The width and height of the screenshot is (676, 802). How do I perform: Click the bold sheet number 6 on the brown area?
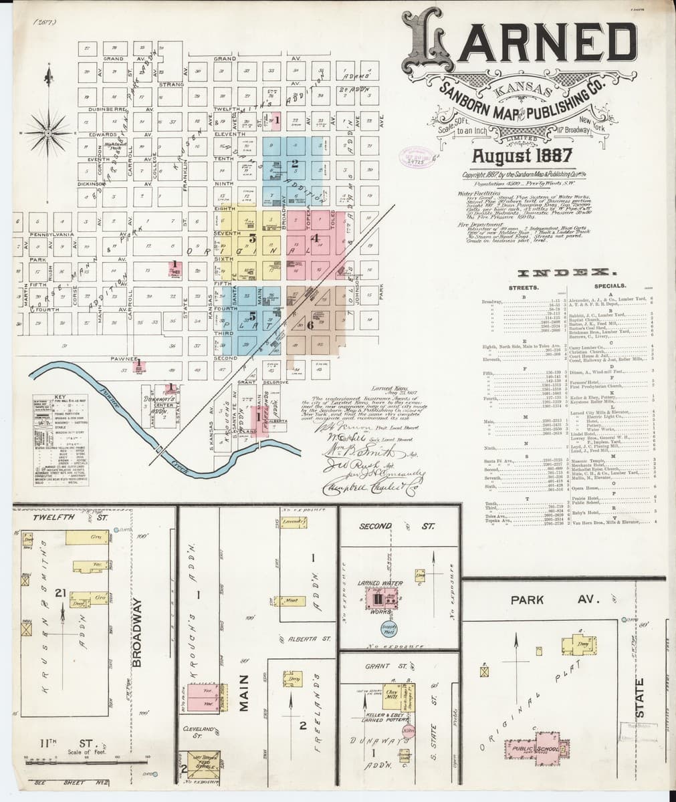point(310,325)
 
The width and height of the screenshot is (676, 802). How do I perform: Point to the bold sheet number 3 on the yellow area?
point(252,237)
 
